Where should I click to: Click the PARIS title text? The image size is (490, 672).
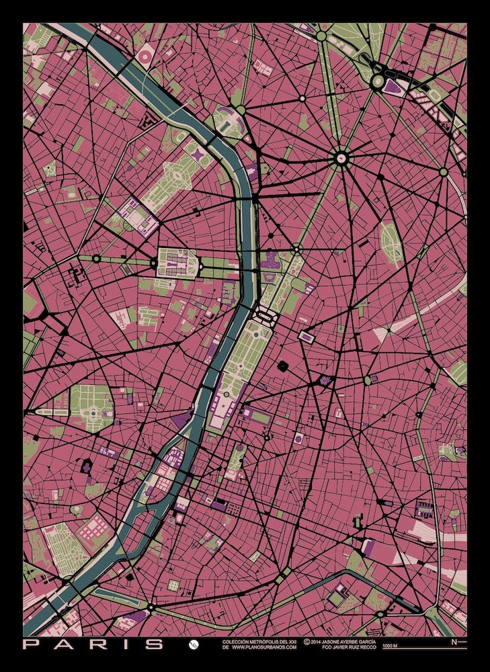93,644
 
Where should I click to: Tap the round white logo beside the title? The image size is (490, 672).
193,644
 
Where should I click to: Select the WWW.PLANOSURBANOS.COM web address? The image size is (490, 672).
259,648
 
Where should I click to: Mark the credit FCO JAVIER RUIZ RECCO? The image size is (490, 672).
339,648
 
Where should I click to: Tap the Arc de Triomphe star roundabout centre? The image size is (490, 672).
341,159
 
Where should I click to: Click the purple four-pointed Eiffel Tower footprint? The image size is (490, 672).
200,155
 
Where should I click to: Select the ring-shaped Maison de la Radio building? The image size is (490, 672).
145,56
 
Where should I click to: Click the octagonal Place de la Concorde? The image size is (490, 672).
265,314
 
